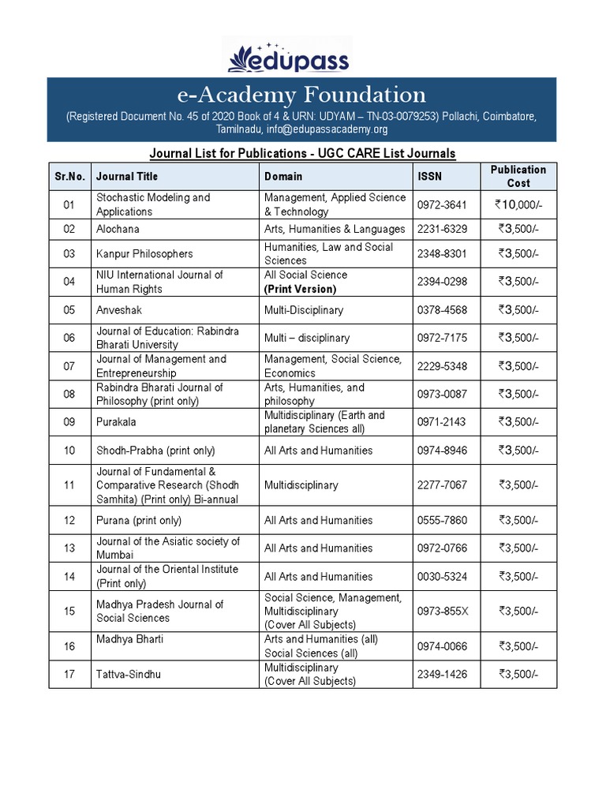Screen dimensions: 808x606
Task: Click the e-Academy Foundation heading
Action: point(301,95)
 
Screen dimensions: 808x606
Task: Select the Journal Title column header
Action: point(127,176)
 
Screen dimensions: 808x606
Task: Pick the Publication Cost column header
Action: point(518,176)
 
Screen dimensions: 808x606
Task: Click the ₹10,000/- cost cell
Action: point(518,205)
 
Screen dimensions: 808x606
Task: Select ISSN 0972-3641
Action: point(442,205)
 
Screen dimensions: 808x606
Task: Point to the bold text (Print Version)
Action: point(300,289)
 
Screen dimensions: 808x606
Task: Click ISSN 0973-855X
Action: point(442,611)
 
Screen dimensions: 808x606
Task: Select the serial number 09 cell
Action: point(69,422)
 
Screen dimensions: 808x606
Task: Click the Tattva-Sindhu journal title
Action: point(129,674)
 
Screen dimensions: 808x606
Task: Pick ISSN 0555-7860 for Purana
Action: point(442,520)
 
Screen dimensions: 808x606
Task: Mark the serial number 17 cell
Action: point(69,674)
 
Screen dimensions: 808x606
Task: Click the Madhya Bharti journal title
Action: point(130,639)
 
